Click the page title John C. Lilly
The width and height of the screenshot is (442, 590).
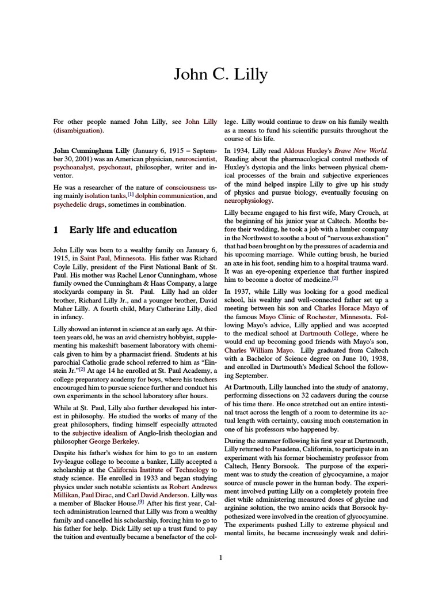(221, 74)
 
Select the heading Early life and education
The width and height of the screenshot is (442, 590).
(123, 230)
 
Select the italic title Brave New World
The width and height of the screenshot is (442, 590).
(362, 150)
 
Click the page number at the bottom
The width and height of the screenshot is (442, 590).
(221, 557)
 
